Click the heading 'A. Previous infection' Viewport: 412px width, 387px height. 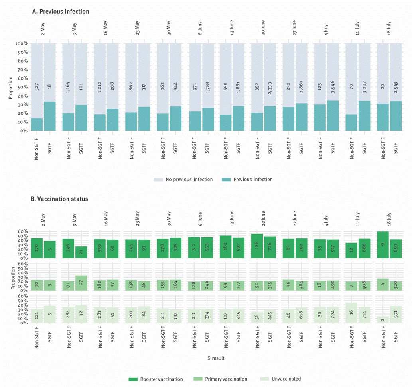[x=60, y=12]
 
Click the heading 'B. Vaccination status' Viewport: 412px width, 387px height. [x=60, y=198]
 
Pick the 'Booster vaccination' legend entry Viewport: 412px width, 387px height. [x=161, y=379]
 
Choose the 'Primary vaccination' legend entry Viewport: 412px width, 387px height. [x=226, y=379]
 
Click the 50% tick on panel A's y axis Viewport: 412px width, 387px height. [x=22, y=87]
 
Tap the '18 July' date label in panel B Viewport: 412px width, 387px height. [x=389, y=217]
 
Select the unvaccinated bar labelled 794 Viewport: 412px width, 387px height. [x=333, y=315]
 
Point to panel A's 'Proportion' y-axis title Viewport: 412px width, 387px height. [x=11, y=87]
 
